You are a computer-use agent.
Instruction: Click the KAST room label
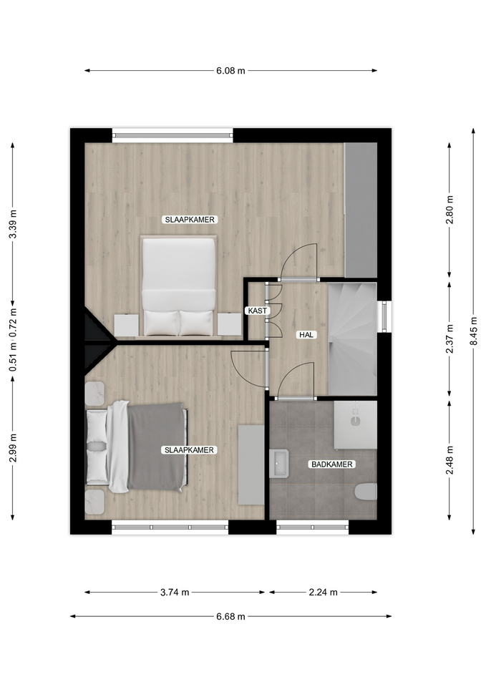coord(257,311)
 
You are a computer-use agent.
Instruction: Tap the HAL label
coord(306,335)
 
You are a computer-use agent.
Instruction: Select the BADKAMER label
coord(331,464)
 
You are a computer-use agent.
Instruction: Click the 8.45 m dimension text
coord(473,331)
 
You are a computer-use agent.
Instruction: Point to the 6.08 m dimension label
coord(230,71)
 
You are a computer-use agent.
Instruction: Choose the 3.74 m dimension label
coord(175,593)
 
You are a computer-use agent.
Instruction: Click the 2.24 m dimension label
coord(323,593)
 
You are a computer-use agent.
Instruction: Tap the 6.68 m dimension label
coord(230,616)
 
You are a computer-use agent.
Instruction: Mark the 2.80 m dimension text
coord(449,210)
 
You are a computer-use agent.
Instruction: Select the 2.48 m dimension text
coord(449,460)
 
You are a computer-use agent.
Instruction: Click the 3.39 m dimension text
coord(13,224)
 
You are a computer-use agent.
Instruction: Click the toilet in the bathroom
coord(366,492)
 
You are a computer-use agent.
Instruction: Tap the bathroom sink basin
coord(279,463)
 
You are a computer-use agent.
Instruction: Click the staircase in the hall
coord(352,338)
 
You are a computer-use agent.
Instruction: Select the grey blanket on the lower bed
coord(155,447)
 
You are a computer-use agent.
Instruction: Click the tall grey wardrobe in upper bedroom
coord(361,210)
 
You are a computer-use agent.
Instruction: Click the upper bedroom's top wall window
coord(172,135)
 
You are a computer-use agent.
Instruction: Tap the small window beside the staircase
coord(384,316)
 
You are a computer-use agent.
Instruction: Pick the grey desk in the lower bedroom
coord(251,464)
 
